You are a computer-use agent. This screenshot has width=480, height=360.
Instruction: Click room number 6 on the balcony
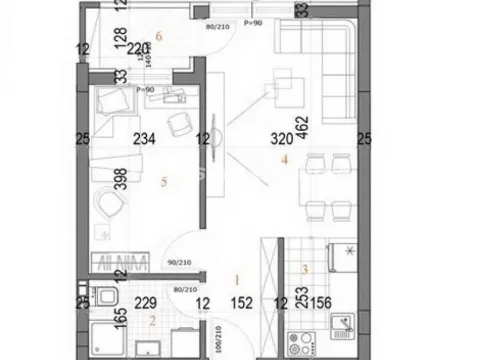click(172, 37)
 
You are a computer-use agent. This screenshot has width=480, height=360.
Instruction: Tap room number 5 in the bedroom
click(162, 182)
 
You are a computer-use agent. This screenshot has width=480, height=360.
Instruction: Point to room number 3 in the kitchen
click(304, 268)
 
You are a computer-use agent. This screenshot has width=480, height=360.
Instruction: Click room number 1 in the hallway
click(237, 281)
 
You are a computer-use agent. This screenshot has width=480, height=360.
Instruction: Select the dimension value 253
click(299, 301)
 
